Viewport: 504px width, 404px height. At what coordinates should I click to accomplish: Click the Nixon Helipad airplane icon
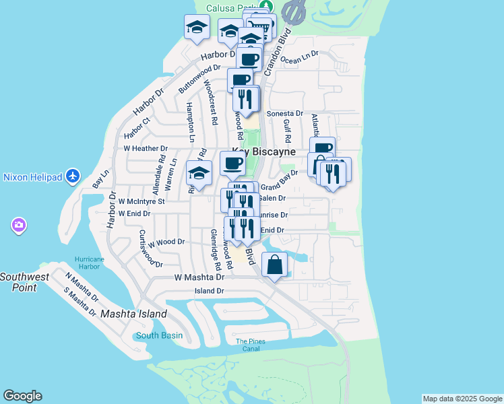[x=73, y=177]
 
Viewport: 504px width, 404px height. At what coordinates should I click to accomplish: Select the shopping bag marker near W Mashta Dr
[x=274, y=265]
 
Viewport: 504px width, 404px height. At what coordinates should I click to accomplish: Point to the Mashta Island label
[x=133, y=314]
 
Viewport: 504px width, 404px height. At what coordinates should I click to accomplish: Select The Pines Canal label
[x=250, y=345]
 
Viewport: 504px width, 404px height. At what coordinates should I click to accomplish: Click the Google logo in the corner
[x=22, y=396]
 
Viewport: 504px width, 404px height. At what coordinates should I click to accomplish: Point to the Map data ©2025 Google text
[x=462, y=399]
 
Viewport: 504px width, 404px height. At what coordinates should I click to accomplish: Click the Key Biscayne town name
[x=264, y=152]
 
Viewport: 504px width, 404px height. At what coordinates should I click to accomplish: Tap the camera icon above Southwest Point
[x=18, y=224]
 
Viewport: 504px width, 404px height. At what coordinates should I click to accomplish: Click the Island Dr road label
[x=209, y=291]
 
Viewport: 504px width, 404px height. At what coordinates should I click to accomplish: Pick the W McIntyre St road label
[x=141, y=201]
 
